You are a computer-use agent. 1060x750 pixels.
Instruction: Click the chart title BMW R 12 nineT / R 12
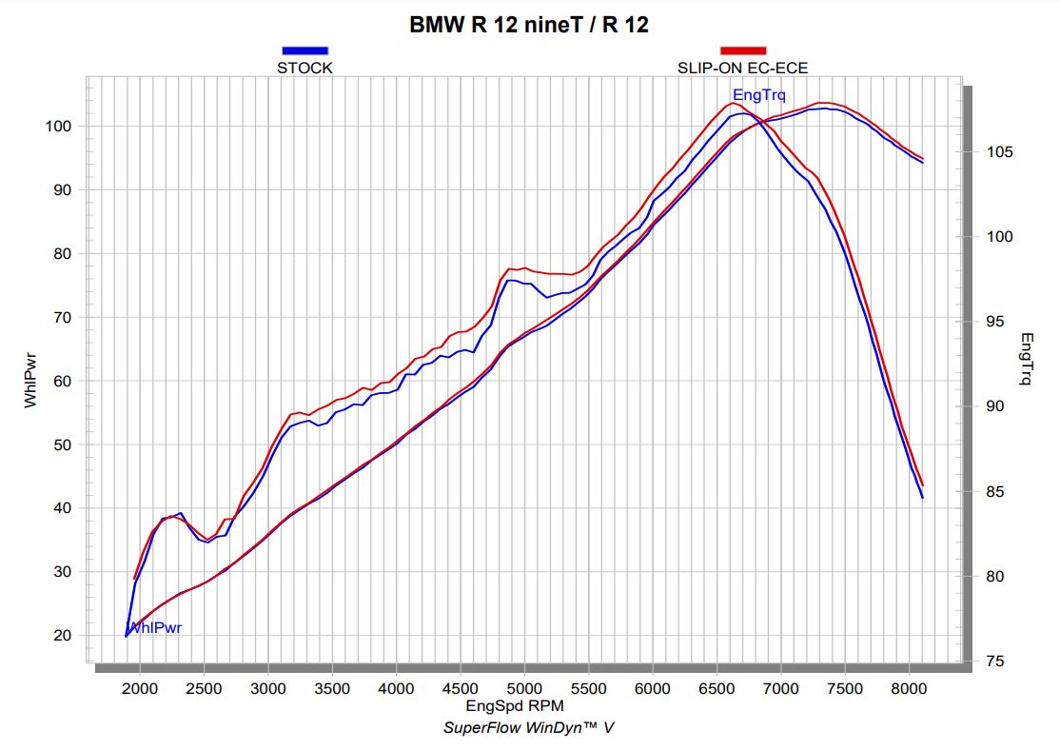(x=529, y=25)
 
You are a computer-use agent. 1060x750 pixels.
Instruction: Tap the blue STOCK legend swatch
(x=304, y=50)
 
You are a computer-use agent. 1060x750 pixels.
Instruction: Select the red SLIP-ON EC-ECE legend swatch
(x=742, y=50)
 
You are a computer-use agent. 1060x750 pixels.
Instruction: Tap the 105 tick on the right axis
(x=998, y=152)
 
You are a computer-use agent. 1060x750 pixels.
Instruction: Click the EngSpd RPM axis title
(x=516, y=706)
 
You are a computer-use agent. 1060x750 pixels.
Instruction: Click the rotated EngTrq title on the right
(x=1026, y=359)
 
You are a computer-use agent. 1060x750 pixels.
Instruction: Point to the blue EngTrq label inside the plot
(x=759, y=94)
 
